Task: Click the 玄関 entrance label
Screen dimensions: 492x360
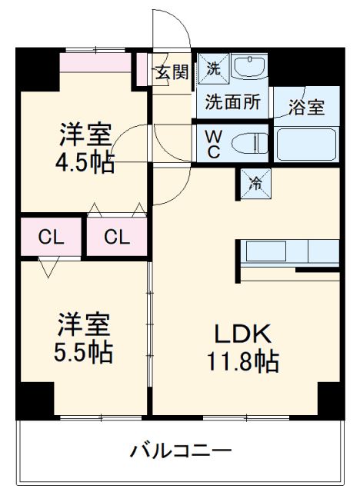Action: (172, 72)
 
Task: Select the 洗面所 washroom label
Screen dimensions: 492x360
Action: (232, 101)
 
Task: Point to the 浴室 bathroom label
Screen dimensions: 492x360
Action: (306, 107)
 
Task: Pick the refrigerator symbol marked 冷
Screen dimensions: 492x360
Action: (256, 183)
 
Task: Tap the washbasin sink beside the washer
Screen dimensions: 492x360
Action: (248, 68)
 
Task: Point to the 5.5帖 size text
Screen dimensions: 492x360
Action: (85, 353)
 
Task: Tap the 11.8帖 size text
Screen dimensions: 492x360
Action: (241, 359)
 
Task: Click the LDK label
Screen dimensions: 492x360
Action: (241, 334)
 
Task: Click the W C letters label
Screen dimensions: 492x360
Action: (213, 143)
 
